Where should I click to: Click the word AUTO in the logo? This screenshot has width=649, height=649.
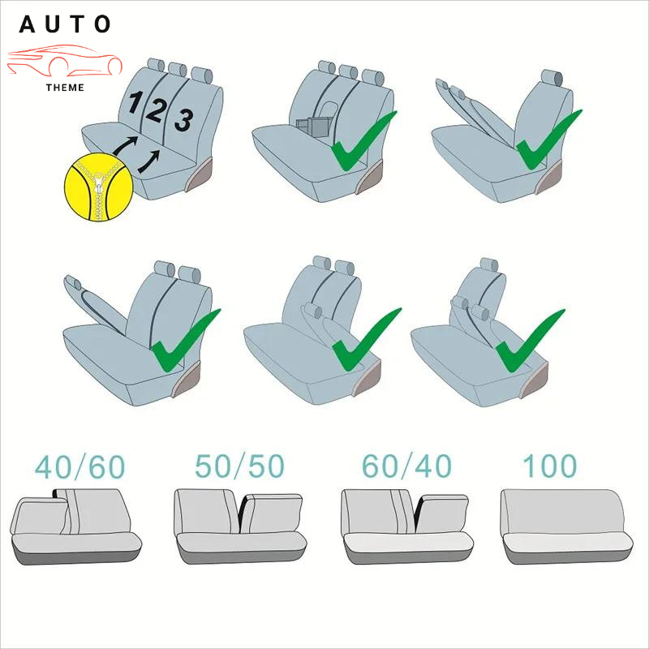(x=65, y=24)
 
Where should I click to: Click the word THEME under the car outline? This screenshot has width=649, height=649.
(x=65, y=88)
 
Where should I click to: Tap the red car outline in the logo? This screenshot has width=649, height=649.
(x=65, y=61)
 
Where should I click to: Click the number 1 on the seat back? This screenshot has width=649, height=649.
(x=135, y=103)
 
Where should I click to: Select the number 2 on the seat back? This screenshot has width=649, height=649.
(x=155, y=110)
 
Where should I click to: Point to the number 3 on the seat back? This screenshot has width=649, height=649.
(x=184, y=119)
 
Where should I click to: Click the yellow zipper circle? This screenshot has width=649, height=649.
(x=98, y=187)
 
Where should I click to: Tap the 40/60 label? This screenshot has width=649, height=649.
(x=80, y=467)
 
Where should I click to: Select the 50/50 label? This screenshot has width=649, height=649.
(x=239, y=466)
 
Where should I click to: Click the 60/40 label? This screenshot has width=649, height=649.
(x=406, y=466)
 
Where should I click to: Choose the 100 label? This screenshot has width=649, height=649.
(x=550, y=466)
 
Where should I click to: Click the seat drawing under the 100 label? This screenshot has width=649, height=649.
(x=566, y=527)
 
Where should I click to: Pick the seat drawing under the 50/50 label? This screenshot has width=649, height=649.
(x=240, y=527)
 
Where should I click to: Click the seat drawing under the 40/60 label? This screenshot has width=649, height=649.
(x=76, y=527)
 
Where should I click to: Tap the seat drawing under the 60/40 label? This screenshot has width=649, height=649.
(x=407, y=527)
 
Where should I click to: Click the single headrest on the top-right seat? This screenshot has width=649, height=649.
(x=552, y=78)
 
